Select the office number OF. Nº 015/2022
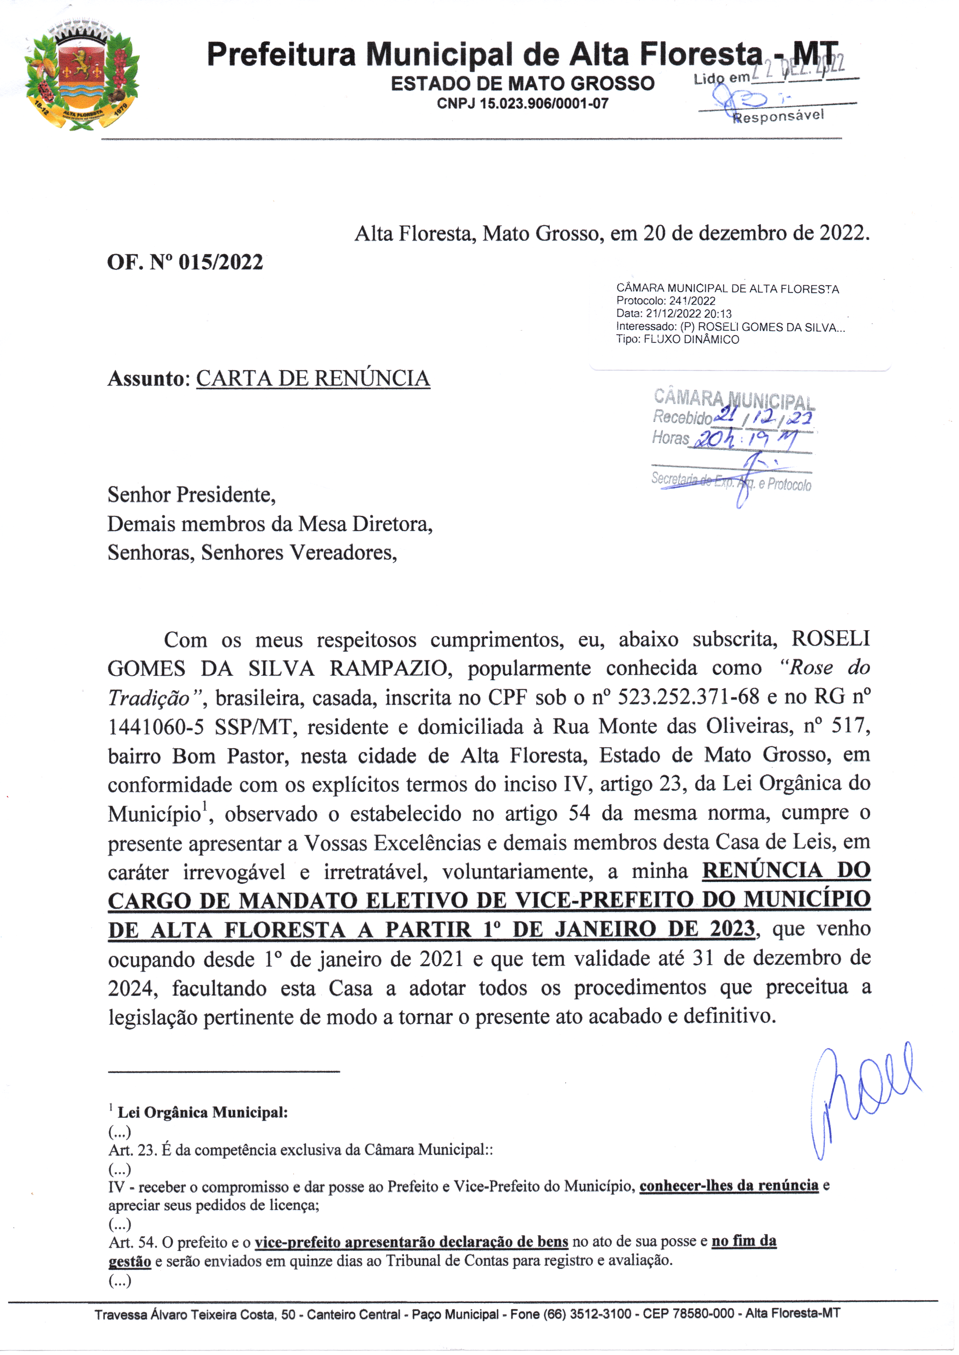tap(185, 262)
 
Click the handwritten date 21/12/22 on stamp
tap(763, 416)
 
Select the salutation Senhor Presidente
tap(191, 494)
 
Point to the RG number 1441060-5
tap(156, 726)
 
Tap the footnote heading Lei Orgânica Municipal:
tap(203, 1112)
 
